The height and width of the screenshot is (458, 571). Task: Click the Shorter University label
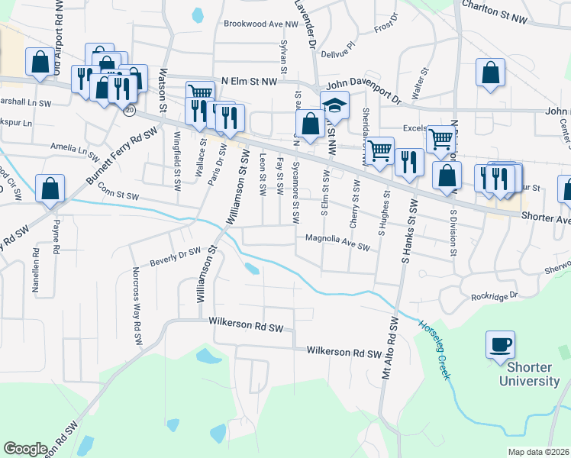pyautogui.click(x=529, y=373)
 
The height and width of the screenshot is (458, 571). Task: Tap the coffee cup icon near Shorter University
pyautogui.click(x=500, y=344)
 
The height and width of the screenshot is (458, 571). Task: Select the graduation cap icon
pyautogui.click(x=334, y=105)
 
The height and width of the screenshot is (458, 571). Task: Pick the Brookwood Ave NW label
pyautogui.click(x=260, y=24)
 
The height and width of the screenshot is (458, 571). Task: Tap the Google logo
pyautogui.click(x=25, y=448)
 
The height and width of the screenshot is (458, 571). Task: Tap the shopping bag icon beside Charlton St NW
pyautogui.click(x=491, y=73)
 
